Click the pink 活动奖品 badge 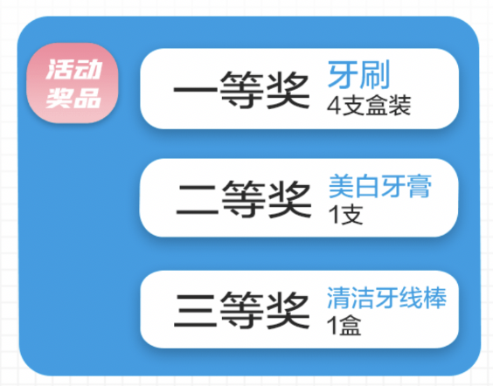[x=73, y=83]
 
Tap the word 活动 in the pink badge [x=74, y=69]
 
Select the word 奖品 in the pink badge [x=73, y=98]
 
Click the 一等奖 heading [x=241, y=90]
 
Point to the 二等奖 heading [x=244, y=199]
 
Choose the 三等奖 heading [x=241, y=310]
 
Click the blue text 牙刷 [x=359, y=74]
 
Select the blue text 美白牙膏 [x=380, y=187]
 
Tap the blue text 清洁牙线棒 [x=386, y=298]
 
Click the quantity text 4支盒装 [x=369, y=105]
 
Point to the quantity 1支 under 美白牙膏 [x=346, y=215]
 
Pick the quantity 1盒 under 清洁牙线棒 [x=344, y=326]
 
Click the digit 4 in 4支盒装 [x=334, y=106]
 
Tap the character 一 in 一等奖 [x=195, y=90]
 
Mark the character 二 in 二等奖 [x=198, y=200]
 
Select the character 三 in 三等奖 [x=195, y=310]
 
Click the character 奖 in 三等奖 [x=288, y=310]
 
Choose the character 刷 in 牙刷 [x=375, y=74]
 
